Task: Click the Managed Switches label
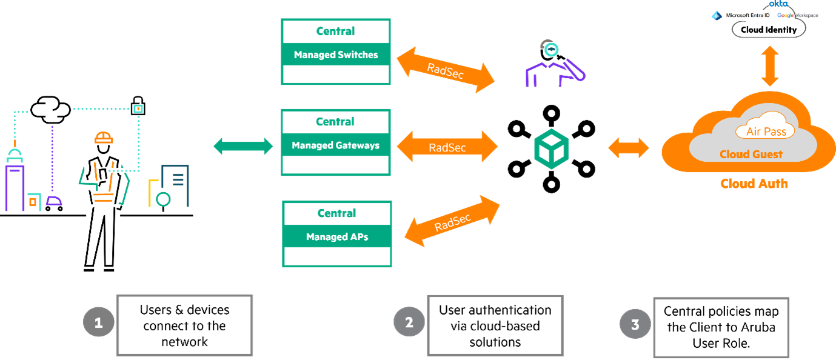point(336,55)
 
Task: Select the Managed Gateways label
point(335,145)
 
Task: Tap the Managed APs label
point(337,237)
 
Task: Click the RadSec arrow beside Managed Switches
point(446,70)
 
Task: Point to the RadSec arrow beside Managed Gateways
point(447,147)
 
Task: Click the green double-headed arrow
point(244,145)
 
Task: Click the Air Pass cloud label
point(766,132)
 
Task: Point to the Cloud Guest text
point(751,155)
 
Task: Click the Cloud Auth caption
point(754,183)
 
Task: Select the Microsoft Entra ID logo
point(740,15)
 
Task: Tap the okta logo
point(778,4)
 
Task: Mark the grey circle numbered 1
point(98,323)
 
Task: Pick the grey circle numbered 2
point(409,322)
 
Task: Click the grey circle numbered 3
point(635,324)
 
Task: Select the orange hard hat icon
point(104,138)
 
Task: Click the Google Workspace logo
point(797,15)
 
